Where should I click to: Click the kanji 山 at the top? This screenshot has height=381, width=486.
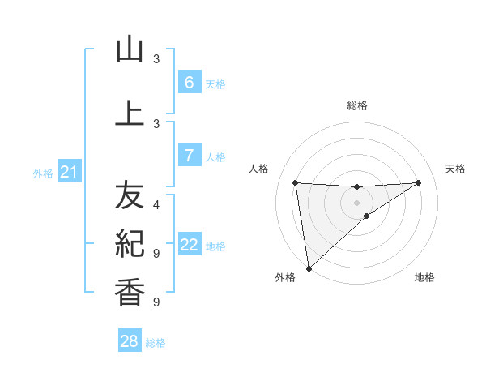130,49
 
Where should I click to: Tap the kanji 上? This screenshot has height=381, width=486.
130,113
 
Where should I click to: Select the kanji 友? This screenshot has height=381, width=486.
130,195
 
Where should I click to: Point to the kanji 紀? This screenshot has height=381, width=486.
130,242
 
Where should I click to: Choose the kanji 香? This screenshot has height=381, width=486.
130,291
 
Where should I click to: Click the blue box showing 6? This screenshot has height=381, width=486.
189,83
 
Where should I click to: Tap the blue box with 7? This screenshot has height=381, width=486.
189,156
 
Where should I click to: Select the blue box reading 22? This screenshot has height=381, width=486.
189,245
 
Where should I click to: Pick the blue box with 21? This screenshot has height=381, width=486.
70,172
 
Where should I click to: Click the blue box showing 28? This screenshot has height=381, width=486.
130,341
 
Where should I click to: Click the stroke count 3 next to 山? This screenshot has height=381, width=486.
156,58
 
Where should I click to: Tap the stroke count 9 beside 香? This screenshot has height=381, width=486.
156,302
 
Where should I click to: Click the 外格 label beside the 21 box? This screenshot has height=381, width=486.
43,173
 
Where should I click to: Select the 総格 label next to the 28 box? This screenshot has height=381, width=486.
156,343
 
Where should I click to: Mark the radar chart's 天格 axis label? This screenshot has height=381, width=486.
455,169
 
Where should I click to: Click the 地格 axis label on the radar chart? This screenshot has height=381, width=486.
424,277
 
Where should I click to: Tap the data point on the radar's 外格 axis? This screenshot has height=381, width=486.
308,268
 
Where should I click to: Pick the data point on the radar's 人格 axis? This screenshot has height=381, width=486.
295,182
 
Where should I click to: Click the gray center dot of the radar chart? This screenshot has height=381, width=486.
356,203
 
